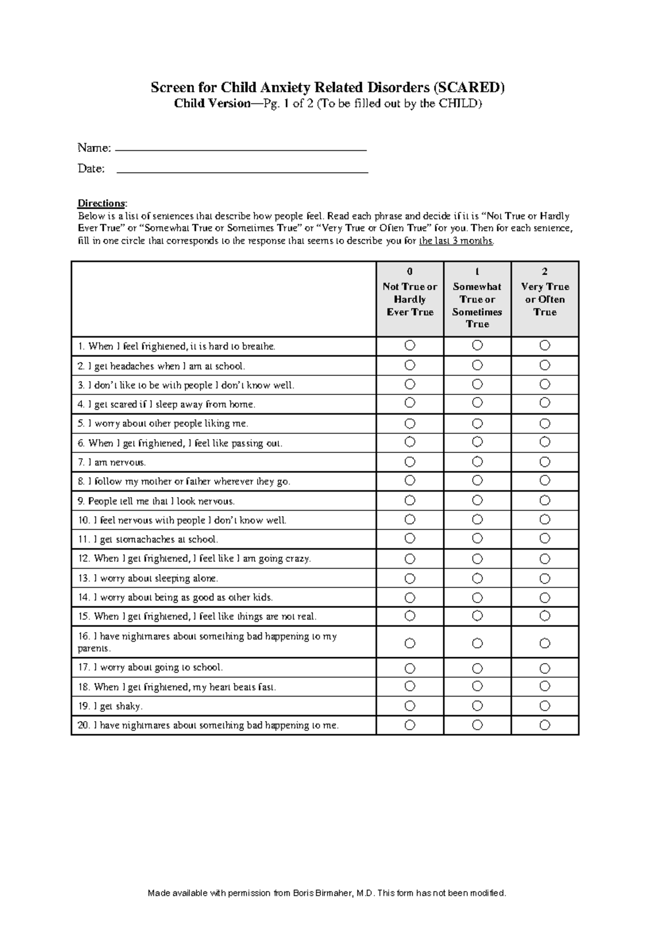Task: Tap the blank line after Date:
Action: point(242,172)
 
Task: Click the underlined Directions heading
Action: point(102,204)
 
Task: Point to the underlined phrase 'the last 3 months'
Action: point(456,241)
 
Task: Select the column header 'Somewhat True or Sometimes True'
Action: point(477,299)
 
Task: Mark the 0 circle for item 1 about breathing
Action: point(410,345)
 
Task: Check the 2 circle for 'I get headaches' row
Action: point(545,365)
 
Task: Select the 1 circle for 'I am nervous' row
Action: point(477,462)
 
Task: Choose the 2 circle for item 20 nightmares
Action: point(545,725)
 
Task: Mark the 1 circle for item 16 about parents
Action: point(477,643)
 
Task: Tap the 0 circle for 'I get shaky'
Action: point(410,706)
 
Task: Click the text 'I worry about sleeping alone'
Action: point(156,578)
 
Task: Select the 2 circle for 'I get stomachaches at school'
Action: point(545,539)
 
